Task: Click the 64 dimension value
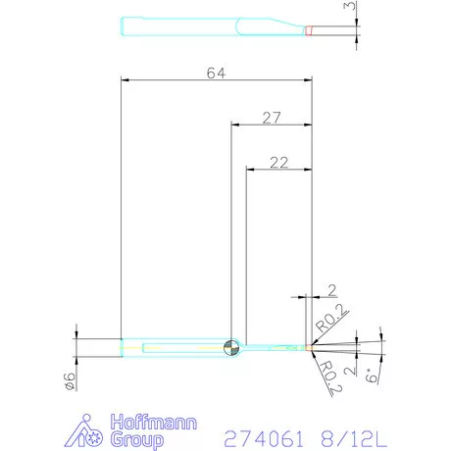click(x=216, y=74)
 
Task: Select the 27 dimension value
click(x=272, y=118)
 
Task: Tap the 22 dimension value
click(x=279, y=163)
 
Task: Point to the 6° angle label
click(x=372, y=376)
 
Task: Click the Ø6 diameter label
click(x=70, y=381)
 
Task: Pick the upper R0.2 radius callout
click(x=330, y=319)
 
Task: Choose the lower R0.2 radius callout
click(x=330, y=377)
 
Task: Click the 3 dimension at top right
click(x=350, y=6)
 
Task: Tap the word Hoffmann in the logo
click(x=154, y=423)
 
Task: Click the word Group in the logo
click(x=137, y=440)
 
